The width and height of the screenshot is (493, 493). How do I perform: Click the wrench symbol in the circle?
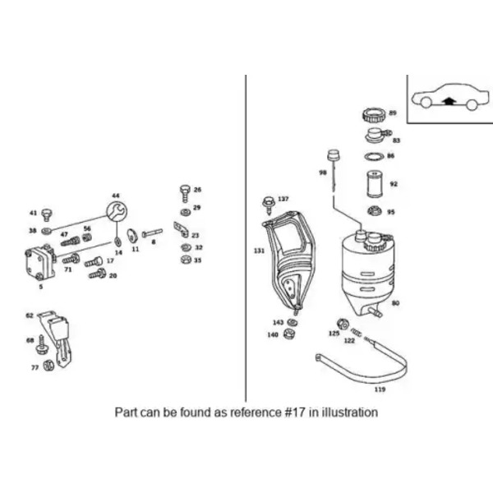pos(117,211)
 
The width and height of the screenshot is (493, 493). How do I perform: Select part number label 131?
pos(260,251)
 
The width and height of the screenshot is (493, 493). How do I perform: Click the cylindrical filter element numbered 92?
pos(375,184)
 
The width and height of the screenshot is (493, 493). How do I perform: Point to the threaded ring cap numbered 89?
pos(374,115)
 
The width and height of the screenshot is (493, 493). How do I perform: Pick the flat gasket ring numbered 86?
pos(375,156)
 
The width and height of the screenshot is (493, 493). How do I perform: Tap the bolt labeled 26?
pos(185,193)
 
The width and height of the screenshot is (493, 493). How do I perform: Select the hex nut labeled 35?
pos(186,260)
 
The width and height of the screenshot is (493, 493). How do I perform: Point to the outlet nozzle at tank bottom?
pos(376,312)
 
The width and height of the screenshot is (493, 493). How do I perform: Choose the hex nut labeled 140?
pos(288,334)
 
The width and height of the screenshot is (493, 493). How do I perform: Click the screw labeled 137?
pos(268,205)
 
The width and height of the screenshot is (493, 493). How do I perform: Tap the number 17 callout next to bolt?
pos(110,260)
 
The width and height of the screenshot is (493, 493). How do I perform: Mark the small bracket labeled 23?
pos(182,230)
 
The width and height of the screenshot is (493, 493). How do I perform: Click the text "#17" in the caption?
pos(295,412)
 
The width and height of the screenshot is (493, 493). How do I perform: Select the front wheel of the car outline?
pos(426,103)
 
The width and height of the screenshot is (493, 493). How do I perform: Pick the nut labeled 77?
pos(48,365)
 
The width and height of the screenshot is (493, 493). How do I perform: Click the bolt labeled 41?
pos(47,214)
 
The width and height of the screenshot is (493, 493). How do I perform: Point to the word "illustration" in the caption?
pos(349,412)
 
